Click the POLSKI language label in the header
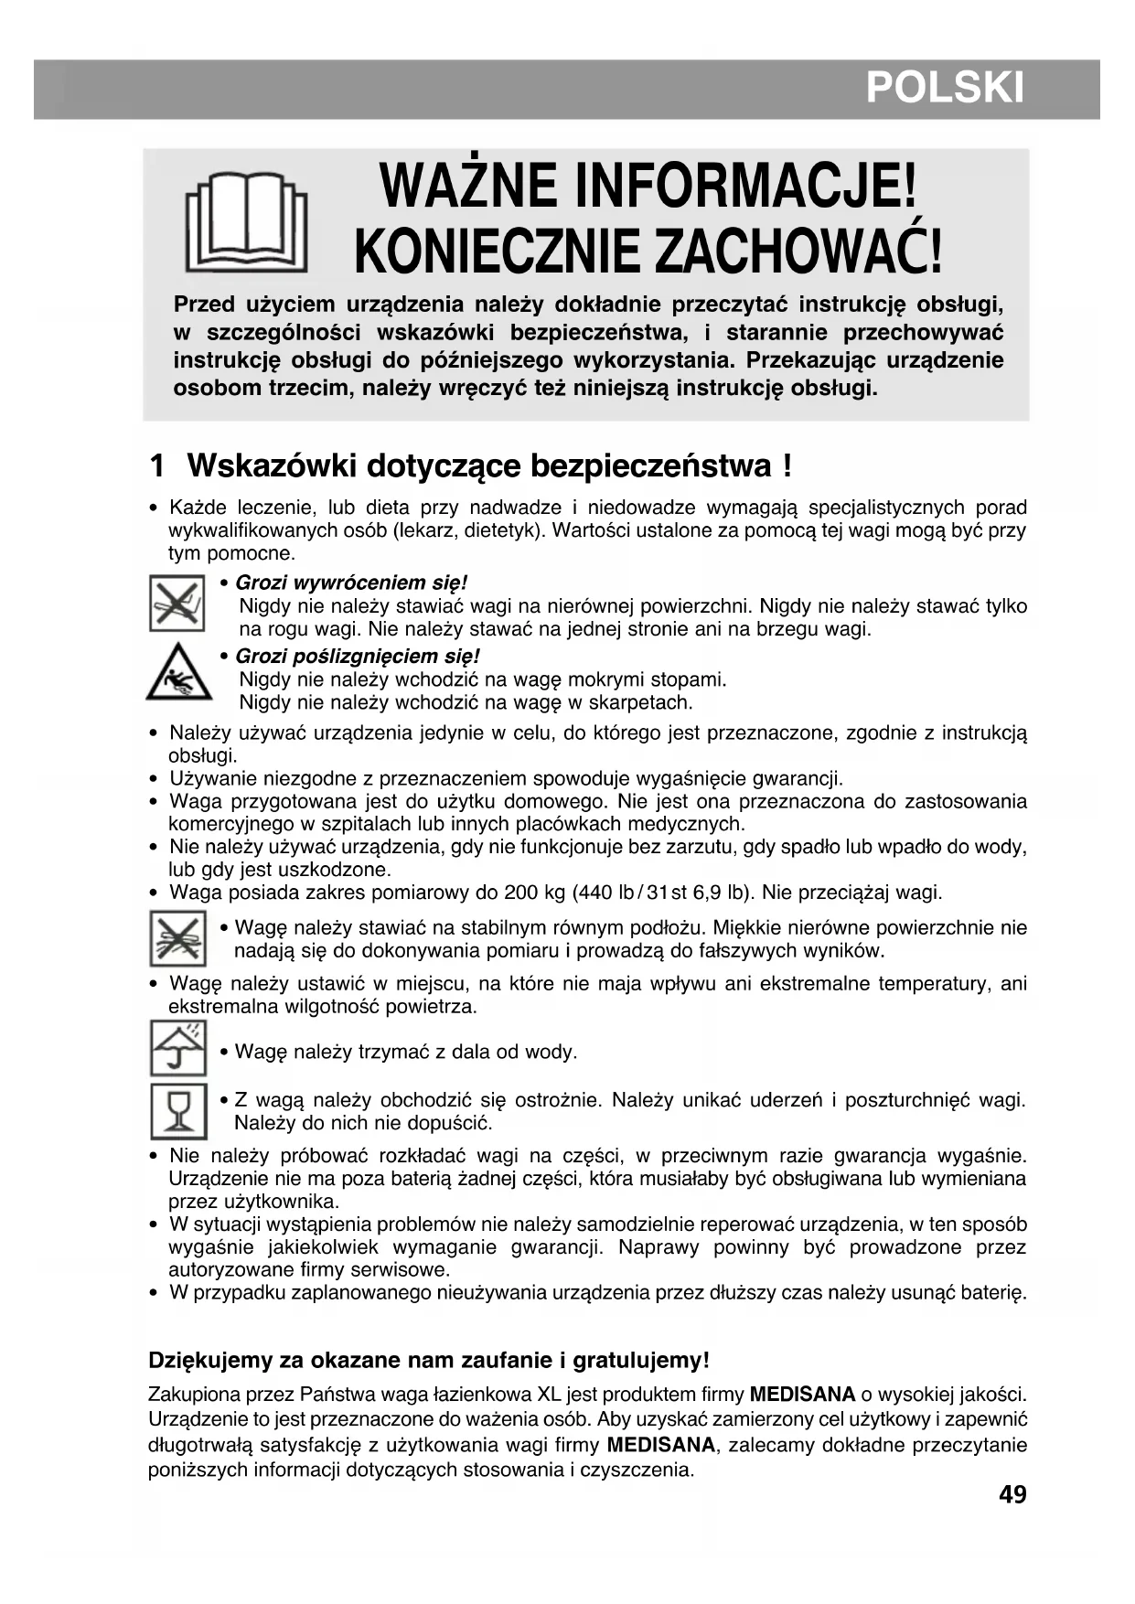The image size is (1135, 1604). click(x=944, y=88)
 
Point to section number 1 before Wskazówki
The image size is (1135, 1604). click(x=156, y=465)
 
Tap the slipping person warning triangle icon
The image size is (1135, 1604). click(x=178, y=672)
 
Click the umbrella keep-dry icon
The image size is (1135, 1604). click(x=177, y=1048)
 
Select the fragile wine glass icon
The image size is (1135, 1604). click(x=178, y=1110)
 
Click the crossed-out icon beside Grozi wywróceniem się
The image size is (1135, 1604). click(x=177, y=603)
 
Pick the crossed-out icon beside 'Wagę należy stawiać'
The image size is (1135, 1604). click(x=177, y=938)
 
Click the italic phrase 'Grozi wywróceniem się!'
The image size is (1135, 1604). click(x=352, y=583)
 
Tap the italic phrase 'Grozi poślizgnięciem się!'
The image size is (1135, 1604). click(x=358, y=656)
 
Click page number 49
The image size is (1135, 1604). click(x=1012, y=1494)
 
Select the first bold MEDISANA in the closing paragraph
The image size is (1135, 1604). click(x=802, y=1395)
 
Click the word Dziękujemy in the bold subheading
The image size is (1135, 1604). click(x=209, y=1360)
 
